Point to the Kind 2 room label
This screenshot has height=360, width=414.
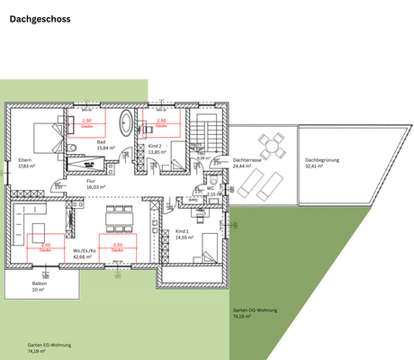[156, 148]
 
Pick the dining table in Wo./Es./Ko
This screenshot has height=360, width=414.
[119, 217]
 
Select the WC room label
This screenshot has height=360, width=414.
[211, 190]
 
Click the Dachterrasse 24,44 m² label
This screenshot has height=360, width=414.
[247, 164]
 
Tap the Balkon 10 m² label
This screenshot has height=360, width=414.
[38, 287]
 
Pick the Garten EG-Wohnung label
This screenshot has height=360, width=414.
[49, 347]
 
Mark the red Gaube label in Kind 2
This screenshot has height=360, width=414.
[162, 121]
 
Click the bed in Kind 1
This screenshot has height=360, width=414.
[204, 244]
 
